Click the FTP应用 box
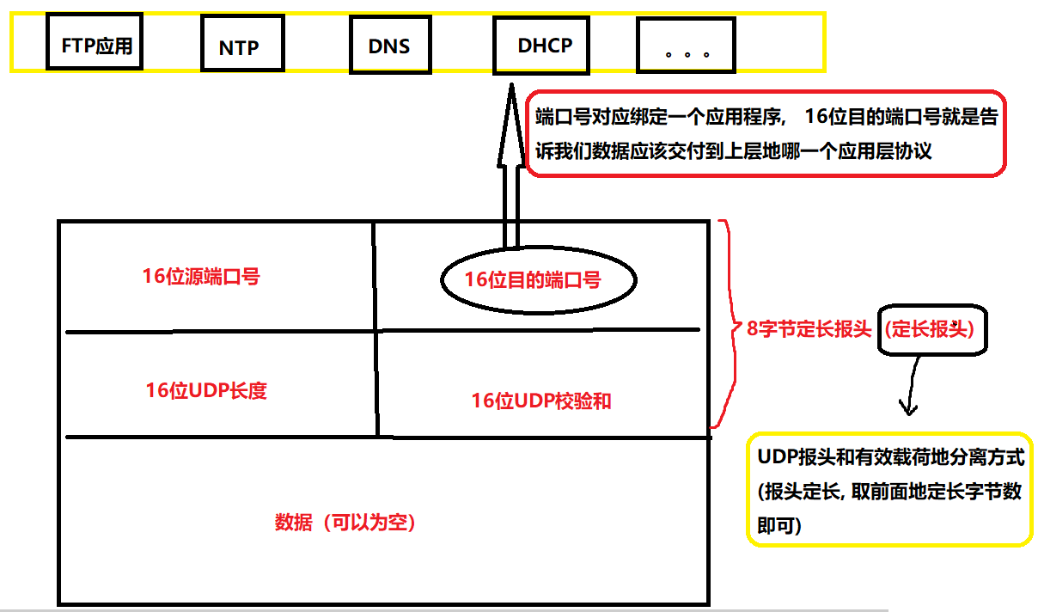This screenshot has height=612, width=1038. (96, 44)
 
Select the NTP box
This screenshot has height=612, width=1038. (240, 46)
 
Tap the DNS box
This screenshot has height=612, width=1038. (389, 46)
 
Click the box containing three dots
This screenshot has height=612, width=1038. (687, 48)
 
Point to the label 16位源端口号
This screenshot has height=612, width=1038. (201, 277)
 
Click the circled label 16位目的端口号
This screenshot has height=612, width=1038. (532, 279)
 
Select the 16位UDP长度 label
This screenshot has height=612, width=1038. (206, 390)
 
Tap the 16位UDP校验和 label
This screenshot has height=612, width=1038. (541, 401)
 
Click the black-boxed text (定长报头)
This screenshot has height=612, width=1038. (932, 329)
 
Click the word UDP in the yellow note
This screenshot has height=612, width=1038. (777, 456)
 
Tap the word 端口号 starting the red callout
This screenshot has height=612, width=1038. (563, 117)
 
